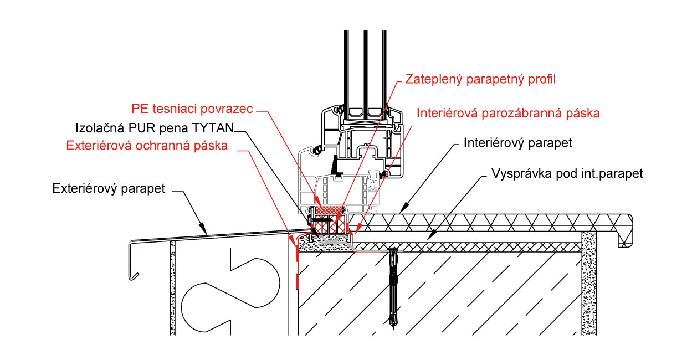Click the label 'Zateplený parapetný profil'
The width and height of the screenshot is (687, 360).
click(x=480, y=79)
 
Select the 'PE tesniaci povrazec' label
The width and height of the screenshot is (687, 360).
click(x=192, y=108)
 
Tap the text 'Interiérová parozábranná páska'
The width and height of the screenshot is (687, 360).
click(x=509, y=114)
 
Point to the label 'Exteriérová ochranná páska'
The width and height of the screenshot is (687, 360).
click(x=147, y=146)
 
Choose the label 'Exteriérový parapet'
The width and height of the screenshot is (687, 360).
click(x=109, y=188)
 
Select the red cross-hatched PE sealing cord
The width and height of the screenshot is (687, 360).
click(x=330, y=210)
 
